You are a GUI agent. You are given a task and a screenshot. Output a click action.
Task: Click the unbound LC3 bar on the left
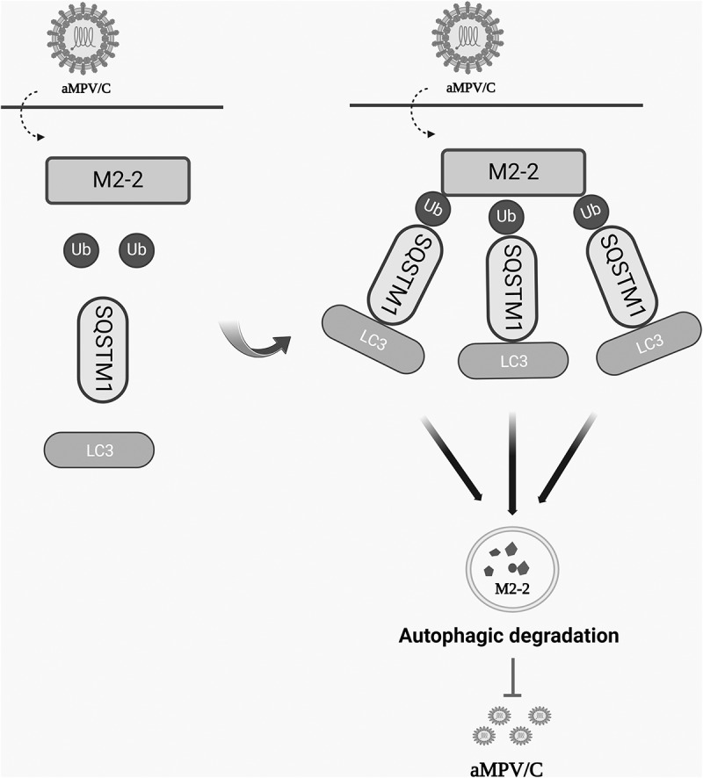pyautogui.click(x=99, y=450)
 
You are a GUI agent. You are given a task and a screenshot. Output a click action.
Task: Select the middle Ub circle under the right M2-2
pyautogui.click(x=505, y=215)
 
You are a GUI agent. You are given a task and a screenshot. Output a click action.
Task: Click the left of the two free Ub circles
pyautogui.click(x=79, y=249)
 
